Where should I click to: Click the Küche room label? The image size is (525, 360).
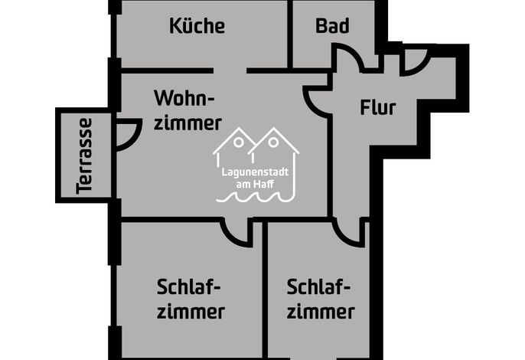click(197, 26)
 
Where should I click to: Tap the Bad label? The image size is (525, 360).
click(332, 26)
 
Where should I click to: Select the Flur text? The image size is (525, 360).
click(378, 107)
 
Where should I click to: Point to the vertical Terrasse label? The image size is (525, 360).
click(83, 155)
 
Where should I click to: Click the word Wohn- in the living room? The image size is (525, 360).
click(184, 98)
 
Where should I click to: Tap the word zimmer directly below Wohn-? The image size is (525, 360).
click(187, 123)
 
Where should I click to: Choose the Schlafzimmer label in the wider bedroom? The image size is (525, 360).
click(190, 299)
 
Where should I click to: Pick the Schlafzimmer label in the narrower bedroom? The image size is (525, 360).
click(321, 299)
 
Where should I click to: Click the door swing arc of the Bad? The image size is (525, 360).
click(354, 53)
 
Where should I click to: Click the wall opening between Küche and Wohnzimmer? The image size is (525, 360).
click(230, 70)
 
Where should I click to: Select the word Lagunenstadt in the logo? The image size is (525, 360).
click(255, 172)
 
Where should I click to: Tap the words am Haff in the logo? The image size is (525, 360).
click(255, 184)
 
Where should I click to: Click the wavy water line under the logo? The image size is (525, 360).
click(255, 197)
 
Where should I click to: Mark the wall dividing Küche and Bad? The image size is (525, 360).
click(290, 34)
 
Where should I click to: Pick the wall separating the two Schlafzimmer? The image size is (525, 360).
click(265, 290)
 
